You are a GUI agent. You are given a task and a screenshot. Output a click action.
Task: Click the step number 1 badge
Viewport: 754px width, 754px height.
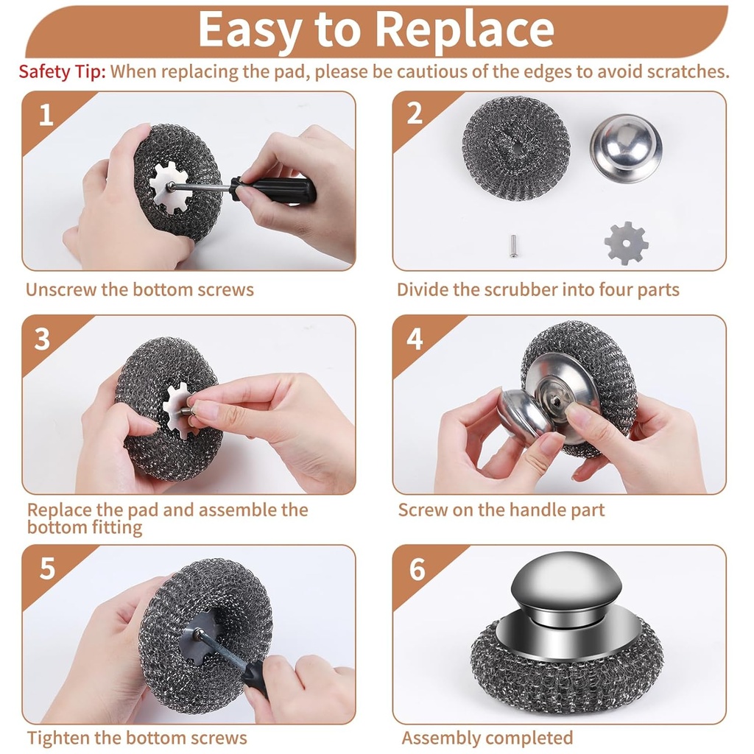[46, 115]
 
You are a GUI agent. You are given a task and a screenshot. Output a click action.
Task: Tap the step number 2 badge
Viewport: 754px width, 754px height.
[415, 114]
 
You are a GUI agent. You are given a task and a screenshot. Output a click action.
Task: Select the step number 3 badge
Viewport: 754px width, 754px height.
[43, 339]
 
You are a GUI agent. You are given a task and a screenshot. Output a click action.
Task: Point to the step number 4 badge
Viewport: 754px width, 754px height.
[415, 339]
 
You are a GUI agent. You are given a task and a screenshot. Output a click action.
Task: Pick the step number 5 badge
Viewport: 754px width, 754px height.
[46, 568]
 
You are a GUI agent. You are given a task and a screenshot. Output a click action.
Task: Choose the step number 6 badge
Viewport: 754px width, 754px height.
[417, 569]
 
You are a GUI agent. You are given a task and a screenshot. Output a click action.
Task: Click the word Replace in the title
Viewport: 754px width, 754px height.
[464, 29]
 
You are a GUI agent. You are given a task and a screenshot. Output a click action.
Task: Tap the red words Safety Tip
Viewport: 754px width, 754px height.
[63, 71]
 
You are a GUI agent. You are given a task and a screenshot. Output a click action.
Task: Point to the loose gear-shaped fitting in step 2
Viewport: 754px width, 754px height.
[626, 243]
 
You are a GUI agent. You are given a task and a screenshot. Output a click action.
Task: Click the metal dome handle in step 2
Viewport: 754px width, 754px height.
[626, 147]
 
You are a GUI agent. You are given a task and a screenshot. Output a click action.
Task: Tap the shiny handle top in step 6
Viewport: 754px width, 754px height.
[567, 582]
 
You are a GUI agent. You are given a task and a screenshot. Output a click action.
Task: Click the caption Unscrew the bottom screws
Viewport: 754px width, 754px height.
[140, 289]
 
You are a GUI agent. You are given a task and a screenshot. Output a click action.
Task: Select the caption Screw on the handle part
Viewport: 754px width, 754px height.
[501, 510]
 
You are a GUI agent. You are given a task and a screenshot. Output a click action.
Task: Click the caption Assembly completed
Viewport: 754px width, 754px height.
[487, 738]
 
